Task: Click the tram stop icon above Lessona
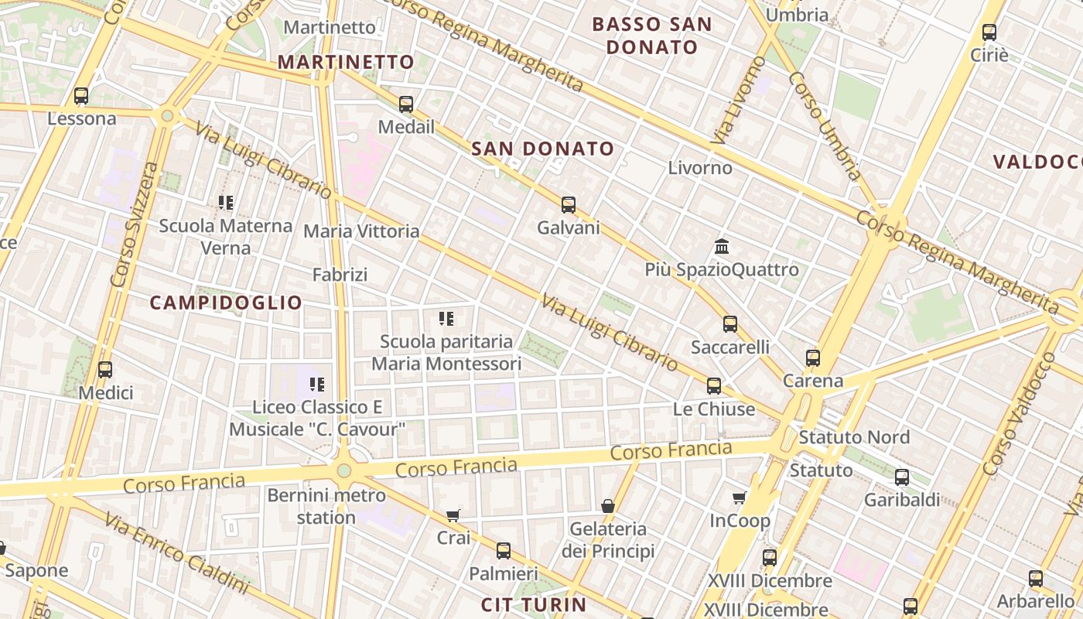[x=81, y=96]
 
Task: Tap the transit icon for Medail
[x=406, y=104]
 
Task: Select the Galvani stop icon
[x=569, y=205]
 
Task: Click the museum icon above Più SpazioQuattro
[x=722, y=247]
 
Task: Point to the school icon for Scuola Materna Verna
[x=226, y=203]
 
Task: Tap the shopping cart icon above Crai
[x=453, y=515]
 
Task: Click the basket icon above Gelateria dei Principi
[x=608, y=506]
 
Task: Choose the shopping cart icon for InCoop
[x=740, y=498]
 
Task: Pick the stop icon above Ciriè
[x=989, y=32]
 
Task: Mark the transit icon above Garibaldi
[x=902, y=477]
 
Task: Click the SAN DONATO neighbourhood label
[x=543, y=149]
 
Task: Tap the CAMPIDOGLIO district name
[x=226, y=303]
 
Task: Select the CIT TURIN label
[x=534, y=604]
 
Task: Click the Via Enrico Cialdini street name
[x=176, y=550]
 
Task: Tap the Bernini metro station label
[x=326, y=506]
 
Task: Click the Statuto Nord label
[x=854, y=437]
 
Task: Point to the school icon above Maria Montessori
[x=446, y=319]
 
